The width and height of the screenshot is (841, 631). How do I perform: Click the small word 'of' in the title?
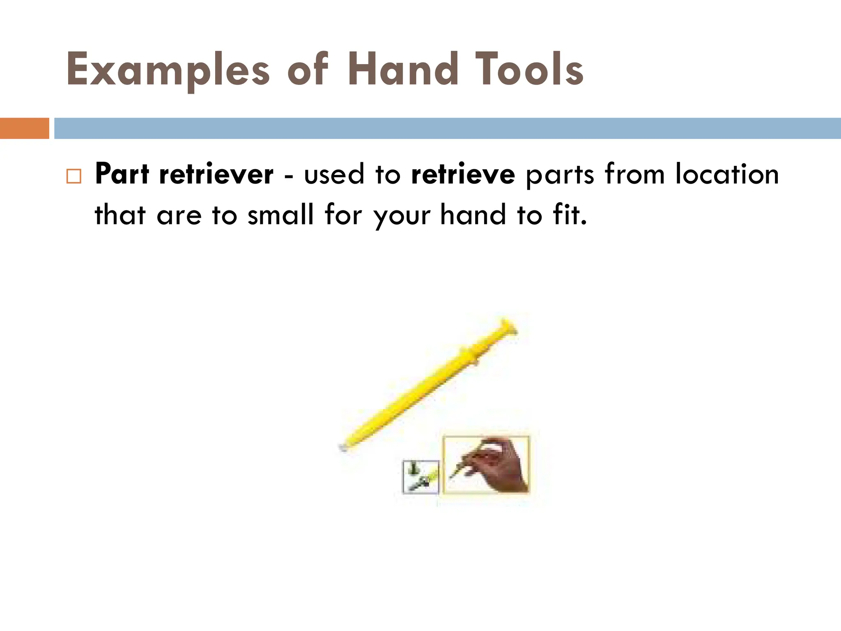pyautogui.click(x=308, y=70)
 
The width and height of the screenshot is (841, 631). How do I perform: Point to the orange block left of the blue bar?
pyautogui.click(x=24, y=128)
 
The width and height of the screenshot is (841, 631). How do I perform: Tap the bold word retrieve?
pyautogui.click(x=463, y=174)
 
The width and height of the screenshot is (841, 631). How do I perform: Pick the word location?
pyautogui.click(x=727, y=174)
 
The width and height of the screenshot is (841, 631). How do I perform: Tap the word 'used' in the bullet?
pyautogui.click(x=334, y=174)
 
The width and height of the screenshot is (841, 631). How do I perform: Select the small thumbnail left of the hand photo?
pyautogui.click(x=420, y=477)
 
